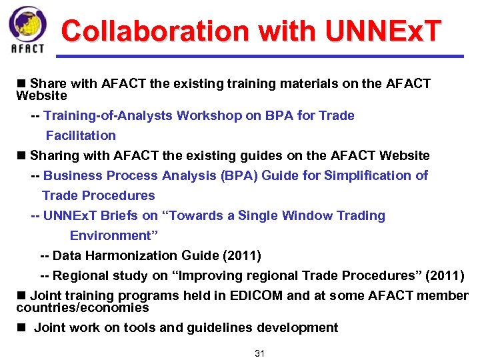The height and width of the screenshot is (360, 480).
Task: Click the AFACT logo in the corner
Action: click(x=28, y=29)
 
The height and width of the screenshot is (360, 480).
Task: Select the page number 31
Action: click(x=260, y=353)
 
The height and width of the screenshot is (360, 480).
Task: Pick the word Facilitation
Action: click(x=81, y=135)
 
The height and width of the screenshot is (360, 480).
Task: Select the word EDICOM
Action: click(x=252, y=295)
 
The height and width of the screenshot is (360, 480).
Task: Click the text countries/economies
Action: click(x=82, y=308)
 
